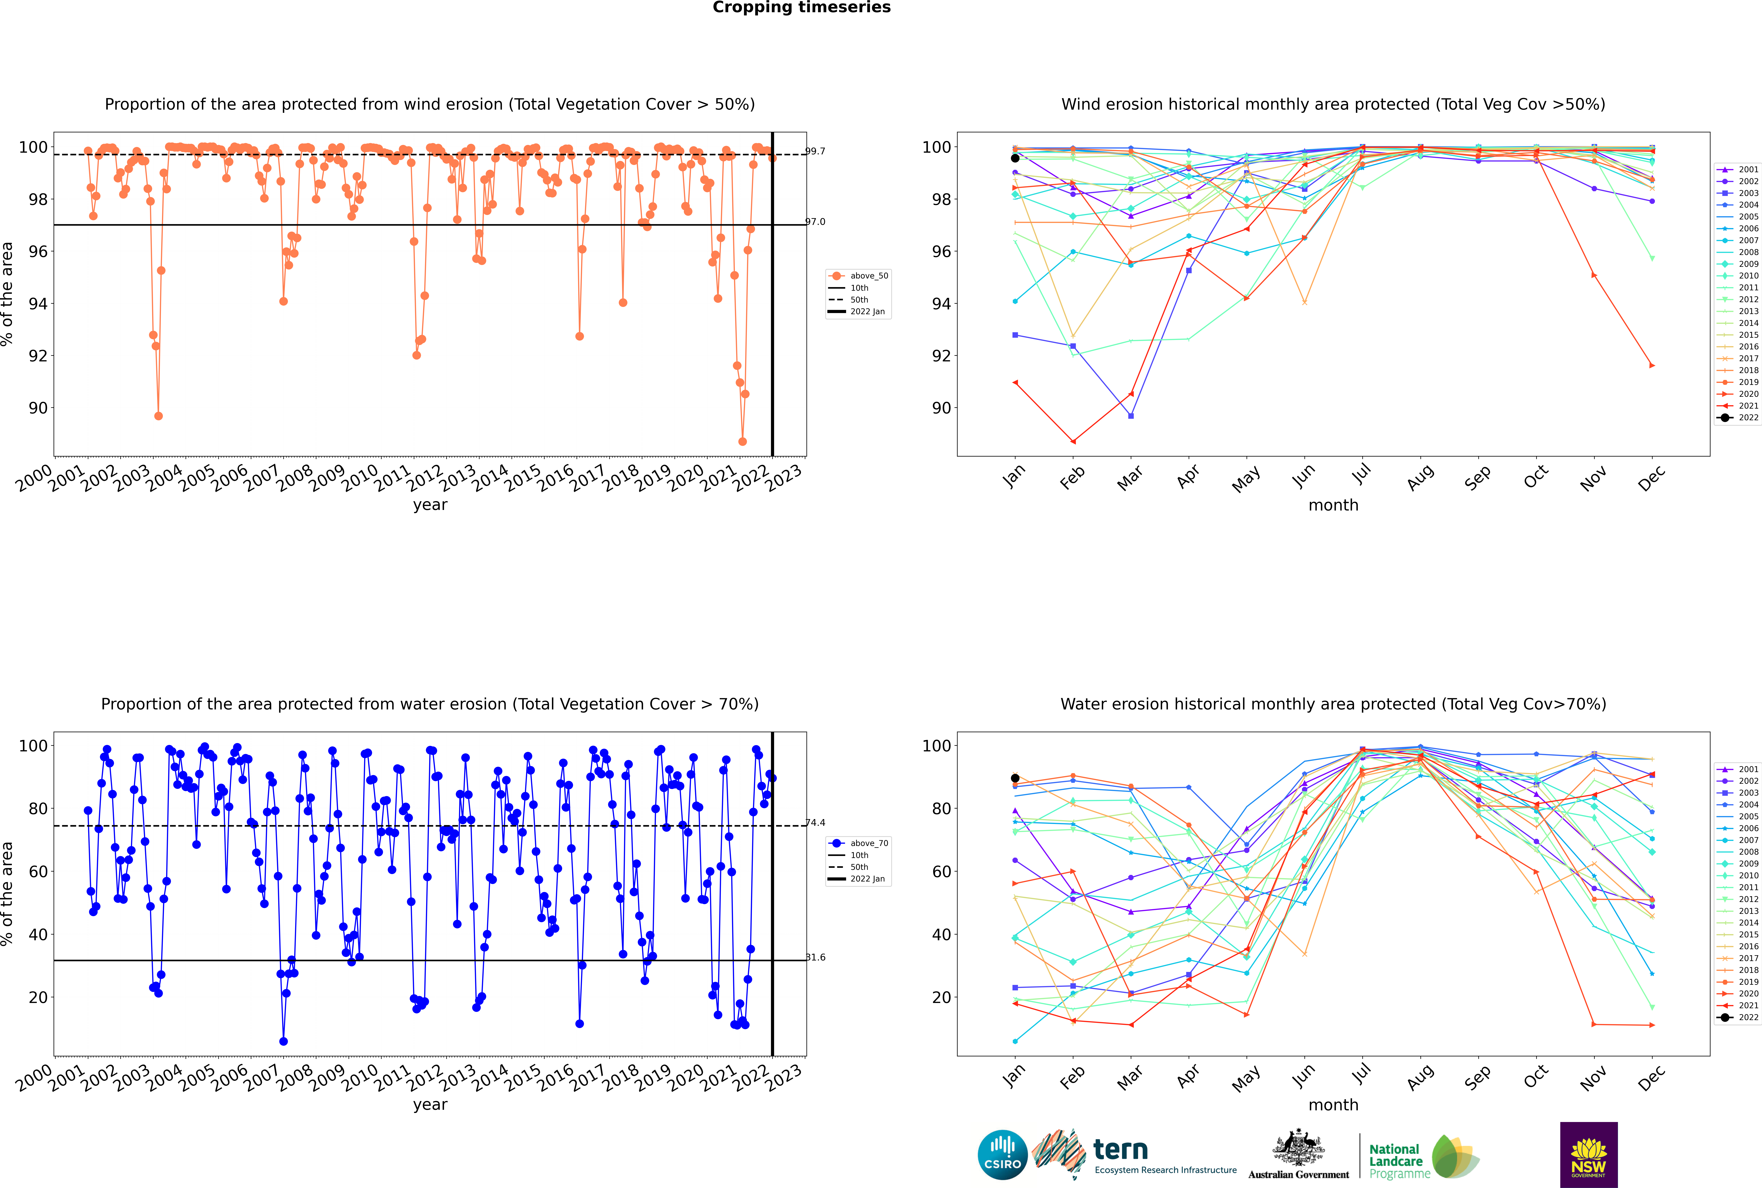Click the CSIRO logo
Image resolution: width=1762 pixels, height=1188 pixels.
pos(1002,1155)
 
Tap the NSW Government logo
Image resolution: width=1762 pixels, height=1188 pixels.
pos(1588,1154)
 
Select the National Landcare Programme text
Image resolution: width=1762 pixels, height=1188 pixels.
pos(1395,1161)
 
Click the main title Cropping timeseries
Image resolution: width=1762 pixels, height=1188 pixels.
pos(801,8)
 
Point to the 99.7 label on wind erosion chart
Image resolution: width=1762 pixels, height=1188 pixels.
pos(815,152)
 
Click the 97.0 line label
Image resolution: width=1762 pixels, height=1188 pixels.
pos(815,222)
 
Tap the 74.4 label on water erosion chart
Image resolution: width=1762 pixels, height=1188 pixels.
pos(815,823)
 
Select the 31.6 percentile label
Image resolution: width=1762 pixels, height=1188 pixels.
pos(815,958)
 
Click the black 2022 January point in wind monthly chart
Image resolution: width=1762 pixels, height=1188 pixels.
pos(1015,158)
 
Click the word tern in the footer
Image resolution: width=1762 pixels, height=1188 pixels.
pos(1120,1150)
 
